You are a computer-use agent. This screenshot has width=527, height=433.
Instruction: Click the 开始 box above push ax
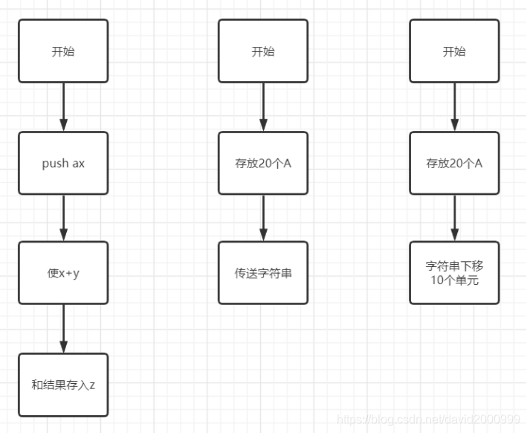click(63, 51)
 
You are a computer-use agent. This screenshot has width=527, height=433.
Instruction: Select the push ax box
click(63, 163)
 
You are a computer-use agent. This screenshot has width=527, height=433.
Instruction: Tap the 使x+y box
click(63, 273)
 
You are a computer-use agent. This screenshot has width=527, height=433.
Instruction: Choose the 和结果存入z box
click(63, 385)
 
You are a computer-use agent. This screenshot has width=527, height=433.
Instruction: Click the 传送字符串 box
click(262, 273)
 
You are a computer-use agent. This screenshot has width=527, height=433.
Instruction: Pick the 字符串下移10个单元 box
click(454, 273)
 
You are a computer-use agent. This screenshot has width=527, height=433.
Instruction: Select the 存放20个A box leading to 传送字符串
click(262, 163)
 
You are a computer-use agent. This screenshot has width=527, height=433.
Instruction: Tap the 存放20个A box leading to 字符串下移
click(454, 163)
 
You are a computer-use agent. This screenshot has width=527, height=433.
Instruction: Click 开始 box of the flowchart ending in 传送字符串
click(262, 51)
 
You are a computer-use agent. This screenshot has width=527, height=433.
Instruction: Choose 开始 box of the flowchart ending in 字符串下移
click(454, 51)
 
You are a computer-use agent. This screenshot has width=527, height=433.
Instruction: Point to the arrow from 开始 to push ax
click(63, 107)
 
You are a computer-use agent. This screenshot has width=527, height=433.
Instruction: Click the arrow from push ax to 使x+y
click(63, 217)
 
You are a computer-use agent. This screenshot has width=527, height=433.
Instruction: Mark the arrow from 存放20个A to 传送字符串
click(262, 217)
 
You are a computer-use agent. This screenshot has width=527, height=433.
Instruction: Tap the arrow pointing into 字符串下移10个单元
click(454, 217)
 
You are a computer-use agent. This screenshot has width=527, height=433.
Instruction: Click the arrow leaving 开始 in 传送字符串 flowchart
click(262, 107)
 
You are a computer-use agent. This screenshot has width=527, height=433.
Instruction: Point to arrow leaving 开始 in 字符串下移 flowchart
click(454, 107)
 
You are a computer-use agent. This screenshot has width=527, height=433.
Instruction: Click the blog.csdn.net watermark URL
click(427, 420)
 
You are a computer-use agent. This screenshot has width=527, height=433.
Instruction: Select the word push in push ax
click(55, 164)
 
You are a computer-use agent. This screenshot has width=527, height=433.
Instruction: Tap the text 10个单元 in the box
click(454, 280)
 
